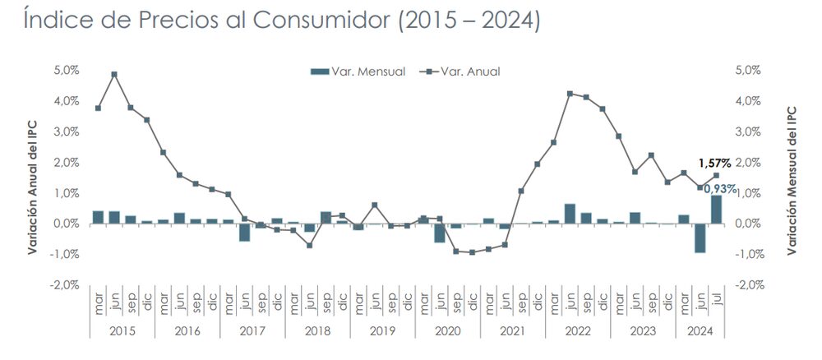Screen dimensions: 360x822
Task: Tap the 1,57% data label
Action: coord(714,163)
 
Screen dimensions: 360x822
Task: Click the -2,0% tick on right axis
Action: coord(753,284)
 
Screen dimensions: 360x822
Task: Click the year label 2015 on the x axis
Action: coord(122,331)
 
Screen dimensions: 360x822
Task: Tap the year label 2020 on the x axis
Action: coord(446,331)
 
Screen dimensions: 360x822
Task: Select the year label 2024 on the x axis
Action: coord(700,331)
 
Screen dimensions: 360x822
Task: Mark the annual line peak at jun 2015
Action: coord(114,74)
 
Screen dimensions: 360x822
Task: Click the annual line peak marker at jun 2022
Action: coord(570,94)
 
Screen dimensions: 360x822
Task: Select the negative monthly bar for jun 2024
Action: coord(700,238)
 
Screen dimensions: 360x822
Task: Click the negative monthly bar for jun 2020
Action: coord(440,233)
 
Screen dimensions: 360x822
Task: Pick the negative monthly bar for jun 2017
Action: coord(244,232)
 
